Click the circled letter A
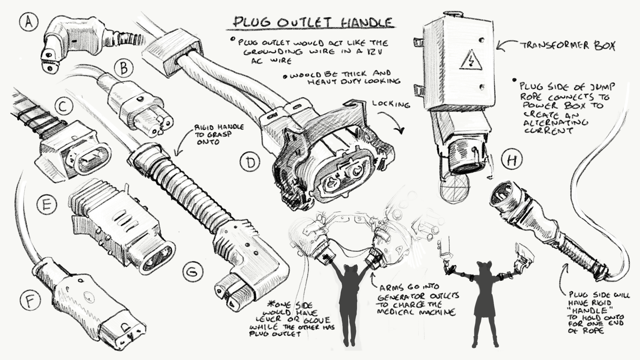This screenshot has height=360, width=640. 29,23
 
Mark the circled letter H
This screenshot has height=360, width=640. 512,161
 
